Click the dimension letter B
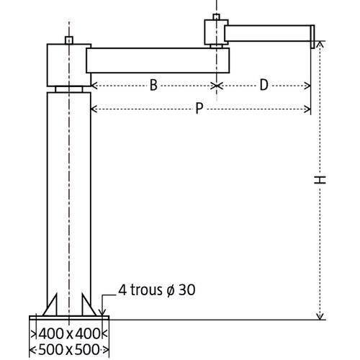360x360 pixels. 153,85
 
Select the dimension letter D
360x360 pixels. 264,85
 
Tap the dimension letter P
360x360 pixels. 199,108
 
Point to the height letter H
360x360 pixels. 320,180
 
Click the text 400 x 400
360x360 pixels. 69,333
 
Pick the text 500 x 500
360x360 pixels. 69,349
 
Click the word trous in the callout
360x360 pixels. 146,290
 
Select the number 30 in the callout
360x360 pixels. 187,290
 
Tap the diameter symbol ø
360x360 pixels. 171,290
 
